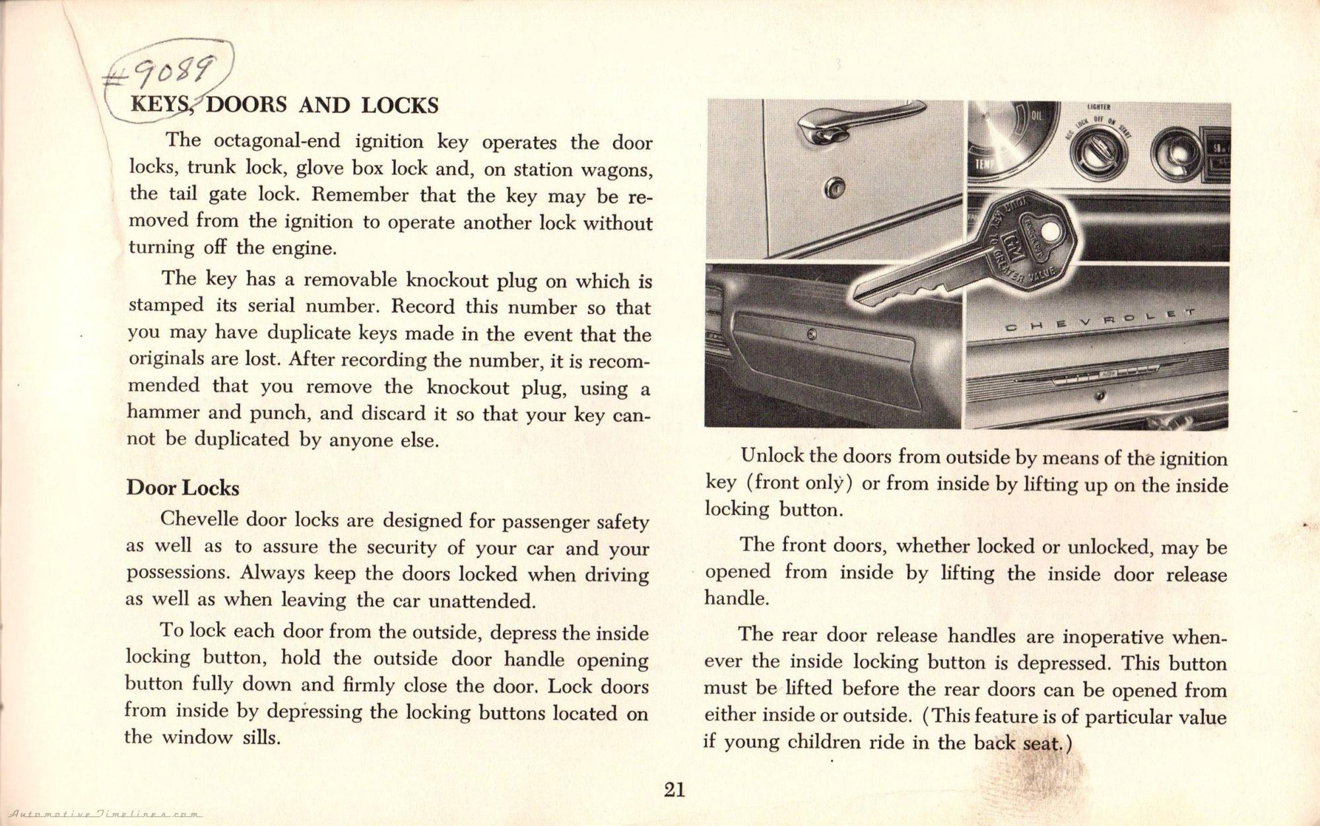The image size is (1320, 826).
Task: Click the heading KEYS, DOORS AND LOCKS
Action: coord(284,106)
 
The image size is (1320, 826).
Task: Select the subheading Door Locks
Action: coord(182,488)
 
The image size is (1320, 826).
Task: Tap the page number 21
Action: coord(675,789)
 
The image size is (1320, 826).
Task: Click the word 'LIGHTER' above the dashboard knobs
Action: coord(1098,108)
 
